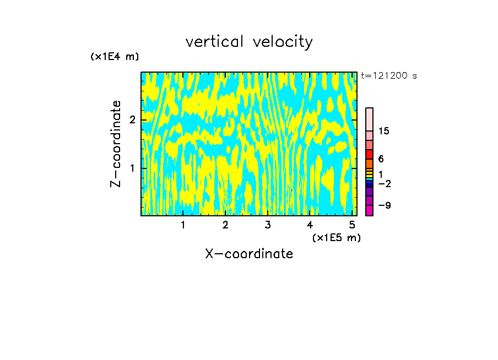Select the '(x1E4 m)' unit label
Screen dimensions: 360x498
point(115,57)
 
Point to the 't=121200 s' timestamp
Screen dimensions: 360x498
point(389,76)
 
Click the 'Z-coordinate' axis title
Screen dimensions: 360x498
point(116,144)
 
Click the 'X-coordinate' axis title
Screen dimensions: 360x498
point(249,254)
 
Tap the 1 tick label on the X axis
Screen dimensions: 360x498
point(183,225)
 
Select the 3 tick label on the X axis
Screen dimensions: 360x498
point(268,225)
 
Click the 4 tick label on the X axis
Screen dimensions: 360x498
point(310,225)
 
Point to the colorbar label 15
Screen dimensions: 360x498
point(384,131)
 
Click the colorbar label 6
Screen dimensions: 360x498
point(381,159)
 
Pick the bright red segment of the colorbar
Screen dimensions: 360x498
point(370,155)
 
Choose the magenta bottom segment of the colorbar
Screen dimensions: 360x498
point(370,210)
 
